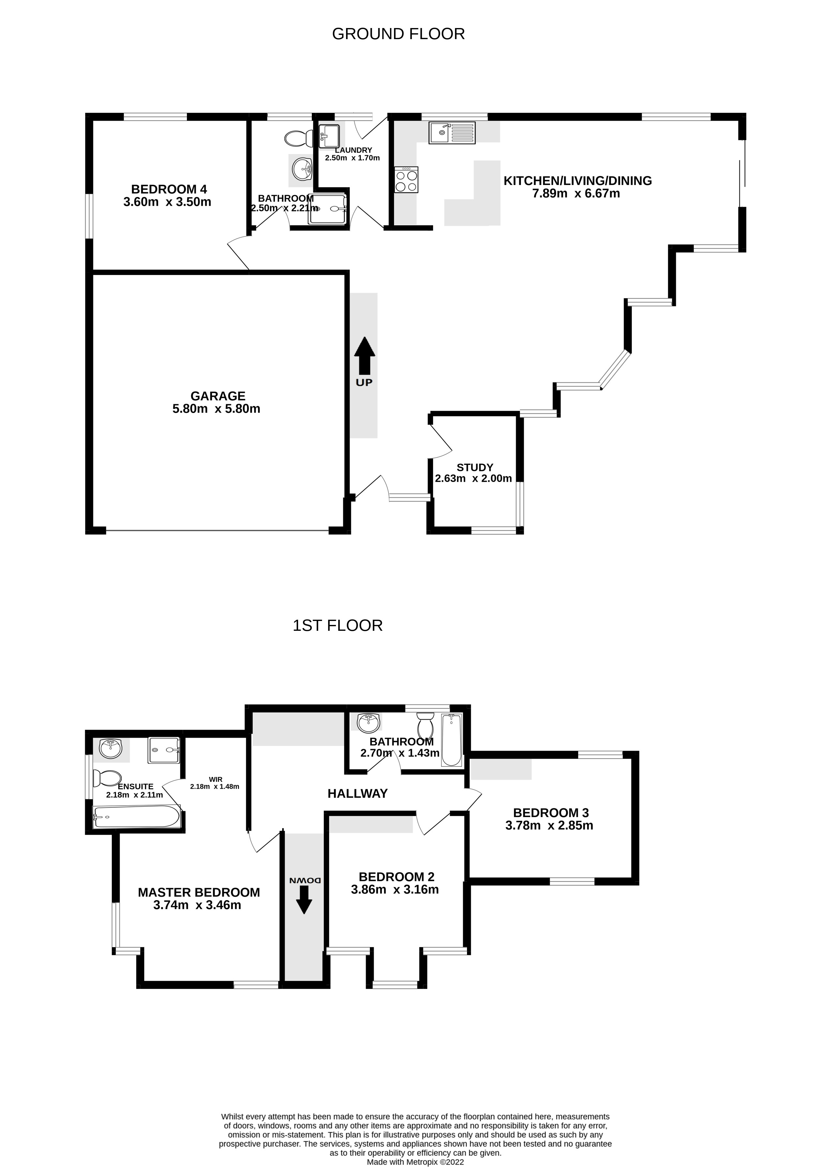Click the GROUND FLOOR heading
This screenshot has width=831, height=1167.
[x=398, y=34]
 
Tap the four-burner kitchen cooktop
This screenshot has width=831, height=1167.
[x=406, y=180]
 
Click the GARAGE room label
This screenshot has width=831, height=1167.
[x=218, y=396]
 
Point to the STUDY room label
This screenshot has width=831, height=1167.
[x=475, y=468]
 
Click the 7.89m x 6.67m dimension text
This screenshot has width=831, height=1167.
[x=576, y=193]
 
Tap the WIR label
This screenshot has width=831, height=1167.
[x=216, y=779]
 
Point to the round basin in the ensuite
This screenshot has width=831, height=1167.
[x=111, y=749]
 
